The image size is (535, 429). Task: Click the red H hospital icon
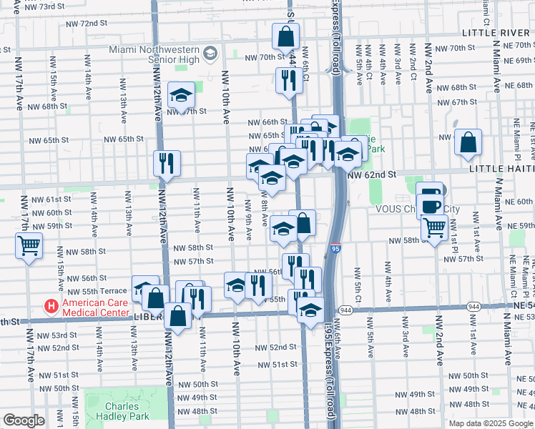coord(51,307)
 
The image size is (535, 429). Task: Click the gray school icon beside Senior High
coord(210,54)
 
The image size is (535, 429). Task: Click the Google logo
coord(24,420)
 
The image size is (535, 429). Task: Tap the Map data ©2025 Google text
coord(490,423)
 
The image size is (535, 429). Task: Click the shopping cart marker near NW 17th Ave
coord(29,246)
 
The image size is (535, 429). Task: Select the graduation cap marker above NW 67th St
coord(182,94)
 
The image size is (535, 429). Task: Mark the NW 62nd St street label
coord(371,174)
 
